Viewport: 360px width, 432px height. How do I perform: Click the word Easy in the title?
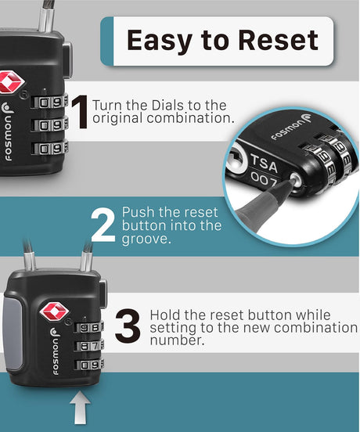(159, 41)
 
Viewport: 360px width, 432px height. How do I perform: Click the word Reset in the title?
(279, 40)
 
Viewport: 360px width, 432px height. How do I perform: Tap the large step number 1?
(80, 112)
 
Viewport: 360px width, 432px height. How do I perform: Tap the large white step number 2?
(103, 225)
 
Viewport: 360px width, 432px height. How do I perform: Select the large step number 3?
(128, 326)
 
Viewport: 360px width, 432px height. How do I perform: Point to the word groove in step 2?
(145, 239)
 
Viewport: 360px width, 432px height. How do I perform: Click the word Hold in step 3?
(165, 315)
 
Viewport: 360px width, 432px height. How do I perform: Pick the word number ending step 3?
(178, 340)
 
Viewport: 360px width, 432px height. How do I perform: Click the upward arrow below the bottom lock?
(80, 408)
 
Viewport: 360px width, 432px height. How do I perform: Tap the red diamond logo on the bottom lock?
(54, 311)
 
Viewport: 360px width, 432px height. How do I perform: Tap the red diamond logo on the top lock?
(11, 82)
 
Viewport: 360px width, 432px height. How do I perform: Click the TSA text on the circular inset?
(264, 163)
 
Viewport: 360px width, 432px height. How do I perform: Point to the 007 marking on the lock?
(263, 180)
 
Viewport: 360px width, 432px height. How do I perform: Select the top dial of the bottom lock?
(89, 328)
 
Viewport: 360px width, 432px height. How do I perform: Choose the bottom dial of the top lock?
(50, 149)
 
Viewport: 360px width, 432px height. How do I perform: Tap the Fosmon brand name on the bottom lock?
(55, 351)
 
